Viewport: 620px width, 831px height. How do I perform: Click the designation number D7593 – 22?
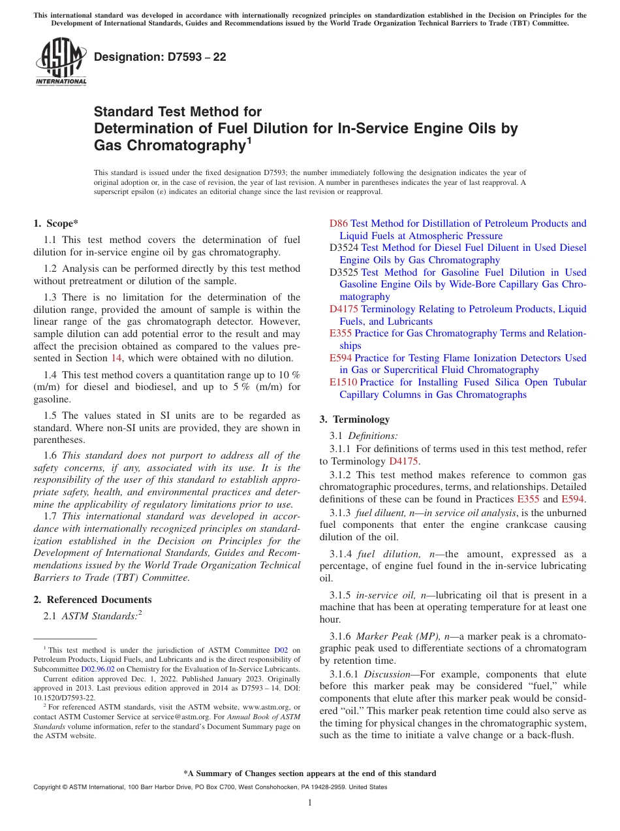pyautogui.click(x=160, y=57)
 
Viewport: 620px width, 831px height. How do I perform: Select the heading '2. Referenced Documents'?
pyautogui.click(x=92, y=600)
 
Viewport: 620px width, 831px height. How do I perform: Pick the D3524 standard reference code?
pyautogui.click(x=344, y=248)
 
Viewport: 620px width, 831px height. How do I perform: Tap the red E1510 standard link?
pyautogui.click(x=343, y=382)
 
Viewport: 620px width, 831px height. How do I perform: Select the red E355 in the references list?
pyautogui.click(x=341, y=333)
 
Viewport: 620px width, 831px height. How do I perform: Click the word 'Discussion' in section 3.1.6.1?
pyautogui.click(x=385, y=674)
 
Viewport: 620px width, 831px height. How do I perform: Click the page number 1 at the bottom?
pyautogui.click(x=309, y=802)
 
